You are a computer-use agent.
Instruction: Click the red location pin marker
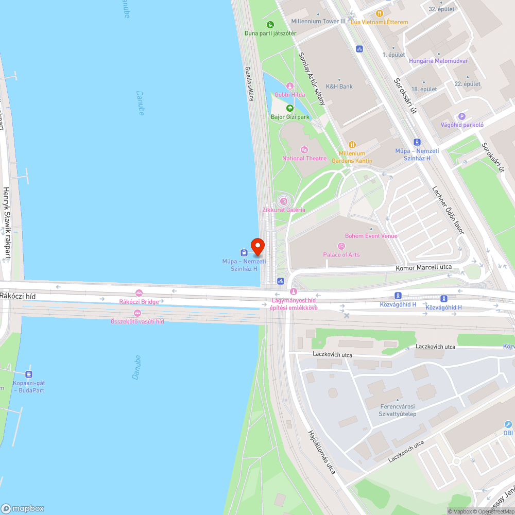(x=257, y=246)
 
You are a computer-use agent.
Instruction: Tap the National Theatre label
(x=304, y=158)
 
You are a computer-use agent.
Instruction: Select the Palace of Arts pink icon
(x=340, y=246)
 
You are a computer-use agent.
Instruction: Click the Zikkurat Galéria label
(x=284, y=210)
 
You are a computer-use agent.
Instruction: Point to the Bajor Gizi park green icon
(x=290, y=108)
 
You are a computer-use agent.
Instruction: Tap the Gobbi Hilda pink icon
(x=290, y=86)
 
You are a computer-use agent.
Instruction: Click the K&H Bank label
(x=339, y=87)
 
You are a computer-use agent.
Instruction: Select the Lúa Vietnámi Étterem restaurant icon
(x=380, y=13)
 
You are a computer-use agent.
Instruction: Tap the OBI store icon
(x=508, y=425)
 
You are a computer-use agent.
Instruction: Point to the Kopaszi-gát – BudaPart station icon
(x=29, y=374)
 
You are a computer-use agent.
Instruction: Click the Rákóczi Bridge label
(x=139, y=301)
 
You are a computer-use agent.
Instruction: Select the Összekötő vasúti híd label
(x=138, y=321)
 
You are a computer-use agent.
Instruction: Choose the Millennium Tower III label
(x=318, y=21)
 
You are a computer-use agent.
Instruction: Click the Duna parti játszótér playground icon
(x=270, y=24)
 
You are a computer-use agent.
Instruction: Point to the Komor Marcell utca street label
(x=423, y=267)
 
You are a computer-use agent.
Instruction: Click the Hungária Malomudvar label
(x=438, y=61)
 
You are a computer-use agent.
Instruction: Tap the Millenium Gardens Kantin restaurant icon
(x=352, y=145)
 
